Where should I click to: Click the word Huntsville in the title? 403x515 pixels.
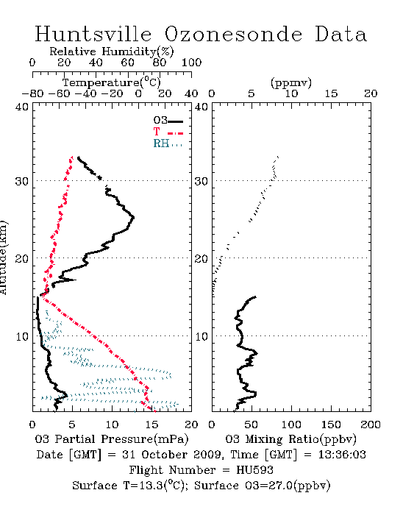pyautogui.click(x=93, y=34)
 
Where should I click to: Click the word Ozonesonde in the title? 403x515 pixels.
pyautogui.click(x=233, y=34)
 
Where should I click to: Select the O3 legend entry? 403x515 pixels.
pyautogui.click(x=168, y=121)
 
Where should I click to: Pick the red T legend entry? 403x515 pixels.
pyautogui.click(x=168, y=132)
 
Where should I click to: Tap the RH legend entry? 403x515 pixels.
pyautogui.click(x=168, y=143)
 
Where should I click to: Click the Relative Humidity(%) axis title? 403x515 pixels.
pyautogui.click(x=112, y=51)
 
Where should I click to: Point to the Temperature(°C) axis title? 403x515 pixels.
pyautogui.click(x=112, y=82)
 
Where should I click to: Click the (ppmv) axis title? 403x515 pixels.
pyautogui.click(x=291, y=82)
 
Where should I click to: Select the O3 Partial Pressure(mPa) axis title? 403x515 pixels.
pyautogui.click(x=112, y=439)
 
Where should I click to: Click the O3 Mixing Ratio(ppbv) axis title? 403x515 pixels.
pyautogui.click(x=290, y=439)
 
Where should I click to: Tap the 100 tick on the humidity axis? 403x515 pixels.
pyautogui.click(x=192, y=62)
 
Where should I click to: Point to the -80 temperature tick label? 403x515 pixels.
pyautogui.click(x=32, y=93)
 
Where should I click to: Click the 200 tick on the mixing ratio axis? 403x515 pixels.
pyautogui.click(x=371, y=425)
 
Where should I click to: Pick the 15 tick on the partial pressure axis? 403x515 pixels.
pyautogui.click(x=151, y=425)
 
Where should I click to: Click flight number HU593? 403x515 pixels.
pyautogui.click(x=254, y=470)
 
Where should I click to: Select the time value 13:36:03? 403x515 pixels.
pyautogui.click(x=342, y=455)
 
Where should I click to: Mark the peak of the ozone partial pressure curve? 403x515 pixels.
pyautogui.click(x=134, y=217)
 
